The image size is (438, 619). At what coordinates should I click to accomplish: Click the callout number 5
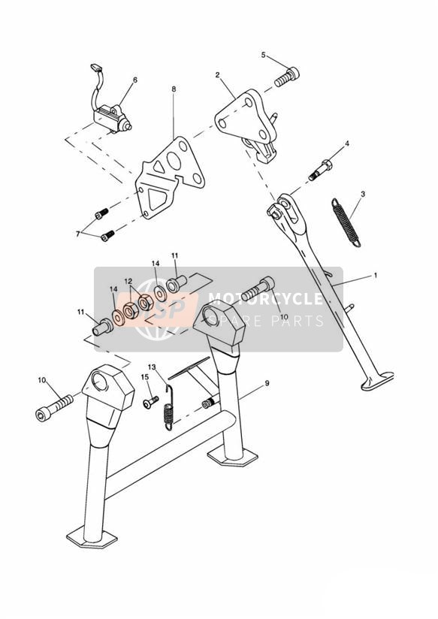(264, 55)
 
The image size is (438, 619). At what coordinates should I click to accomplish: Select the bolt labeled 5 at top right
(287, 77)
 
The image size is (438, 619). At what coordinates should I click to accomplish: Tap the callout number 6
(135, 80)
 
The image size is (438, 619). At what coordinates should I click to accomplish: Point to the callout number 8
(174, 89)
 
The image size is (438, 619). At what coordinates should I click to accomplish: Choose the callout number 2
(217, 74)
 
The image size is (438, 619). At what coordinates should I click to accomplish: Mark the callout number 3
(363, 194)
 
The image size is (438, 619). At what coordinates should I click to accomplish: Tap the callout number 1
(376, 275)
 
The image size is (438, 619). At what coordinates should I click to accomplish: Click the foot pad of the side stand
(377, 381)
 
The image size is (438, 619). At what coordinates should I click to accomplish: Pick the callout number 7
(78, 234)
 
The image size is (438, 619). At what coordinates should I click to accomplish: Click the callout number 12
(128, 281)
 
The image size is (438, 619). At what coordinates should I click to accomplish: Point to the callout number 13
(152, 367)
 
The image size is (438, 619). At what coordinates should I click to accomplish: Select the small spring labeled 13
(168, 407)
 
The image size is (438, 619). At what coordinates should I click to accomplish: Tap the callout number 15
(144, 377)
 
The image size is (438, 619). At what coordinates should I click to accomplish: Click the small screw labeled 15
(150, 402)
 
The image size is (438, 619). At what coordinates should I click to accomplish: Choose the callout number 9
(267, 383)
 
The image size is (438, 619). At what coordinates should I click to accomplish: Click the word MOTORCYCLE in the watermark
(265, 299)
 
